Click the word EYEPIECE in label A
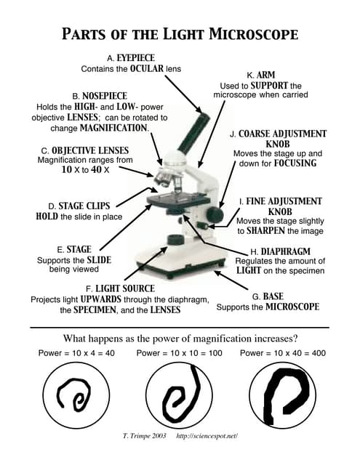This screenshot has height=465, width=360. pyautogui.click(x=135, y=57)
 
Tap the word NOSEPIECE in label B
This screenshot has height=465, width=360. pyautogui.click(x=105, y=96)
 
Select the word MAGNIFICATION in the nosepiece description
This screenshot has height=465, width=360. pyautogui.click(x=113, y=128)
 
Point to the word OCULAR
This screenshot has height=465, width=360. pyautogui.click(x=147, y=68)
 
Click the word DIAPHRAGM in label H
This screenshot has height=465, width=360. pyautogui.click(x=286, y=251)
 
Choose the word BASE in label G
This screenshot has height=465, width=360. pyautogui.click(x=273, y=296)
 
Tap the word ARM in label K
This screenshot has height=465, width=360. pyautogui.click(x=266, y=75)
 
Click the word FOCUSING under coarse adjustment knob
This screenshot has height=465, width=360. pyautogui.click(x=295, y=163)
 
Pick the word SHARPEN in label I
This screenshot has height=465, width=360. pyautogui.click(x=265, y=230)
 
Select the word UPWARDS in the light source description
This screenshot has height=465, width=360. pyautogui.click(x=101, y=299)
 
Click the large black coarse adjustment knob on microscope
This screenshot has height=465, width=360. pyautogui.click(x=215, y=215)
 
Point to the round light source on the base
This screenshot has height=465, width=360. pyautogui.click(x=175, y=240)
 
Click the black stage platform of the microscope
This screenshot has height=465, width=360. pyautogui.click(x=179, y=201)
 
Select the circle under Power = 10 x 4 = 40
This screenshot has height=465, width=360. pyautogui.click(x=76, y=395)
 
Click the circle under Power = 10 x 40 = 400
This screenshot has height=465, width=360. pyautogui.click(x=282, y=395)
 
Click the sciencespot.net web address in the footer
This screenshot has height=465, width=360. pyautogui.click(x=207, y=436)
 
